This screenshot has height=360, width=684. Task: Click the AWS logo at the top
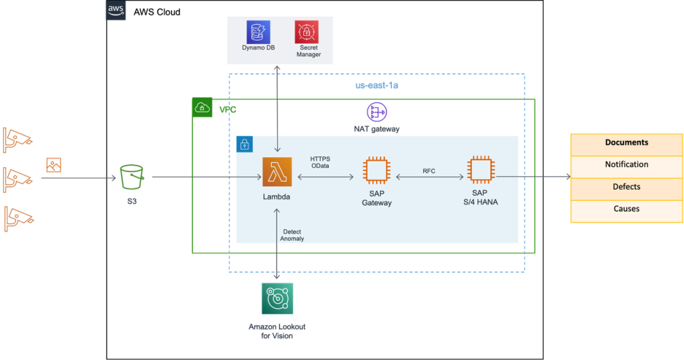(116, 10)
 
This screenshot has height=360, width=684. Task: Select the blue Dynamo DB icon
(258, 32)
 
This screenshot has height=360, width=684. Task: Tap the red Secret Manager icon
(307, 32)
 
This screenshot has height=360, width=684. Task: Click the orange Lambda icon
(277, 172)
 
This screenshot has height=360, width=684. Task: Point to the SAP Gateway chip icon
(377, 172)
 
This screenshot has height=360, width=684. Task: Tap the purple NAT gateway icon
(377, 112)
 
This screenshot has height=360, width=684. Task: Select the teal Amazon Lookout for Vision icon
(277, 299)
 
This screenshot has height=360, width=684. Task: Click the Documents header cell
(626, 142)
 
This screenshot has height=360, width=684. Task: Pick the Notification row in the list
(626, 164)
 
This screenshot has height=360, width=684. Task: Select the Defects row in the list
(626, 187)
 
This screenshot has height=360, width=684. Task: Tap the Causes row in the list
(626, 209)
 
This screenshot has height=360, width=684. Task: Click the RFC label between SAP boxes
(429, 171)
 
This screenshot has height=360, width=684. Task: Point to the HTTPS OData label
(320, 162)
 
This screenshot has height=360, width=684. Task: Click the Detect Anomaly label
(292, 235)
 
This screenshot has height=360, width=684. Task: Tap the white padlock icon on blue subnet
(244, 144)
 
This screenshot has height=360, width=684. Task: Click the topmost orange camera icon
(17, 138)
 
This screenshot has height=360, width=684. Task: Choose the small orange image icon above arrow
(54, 165)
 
